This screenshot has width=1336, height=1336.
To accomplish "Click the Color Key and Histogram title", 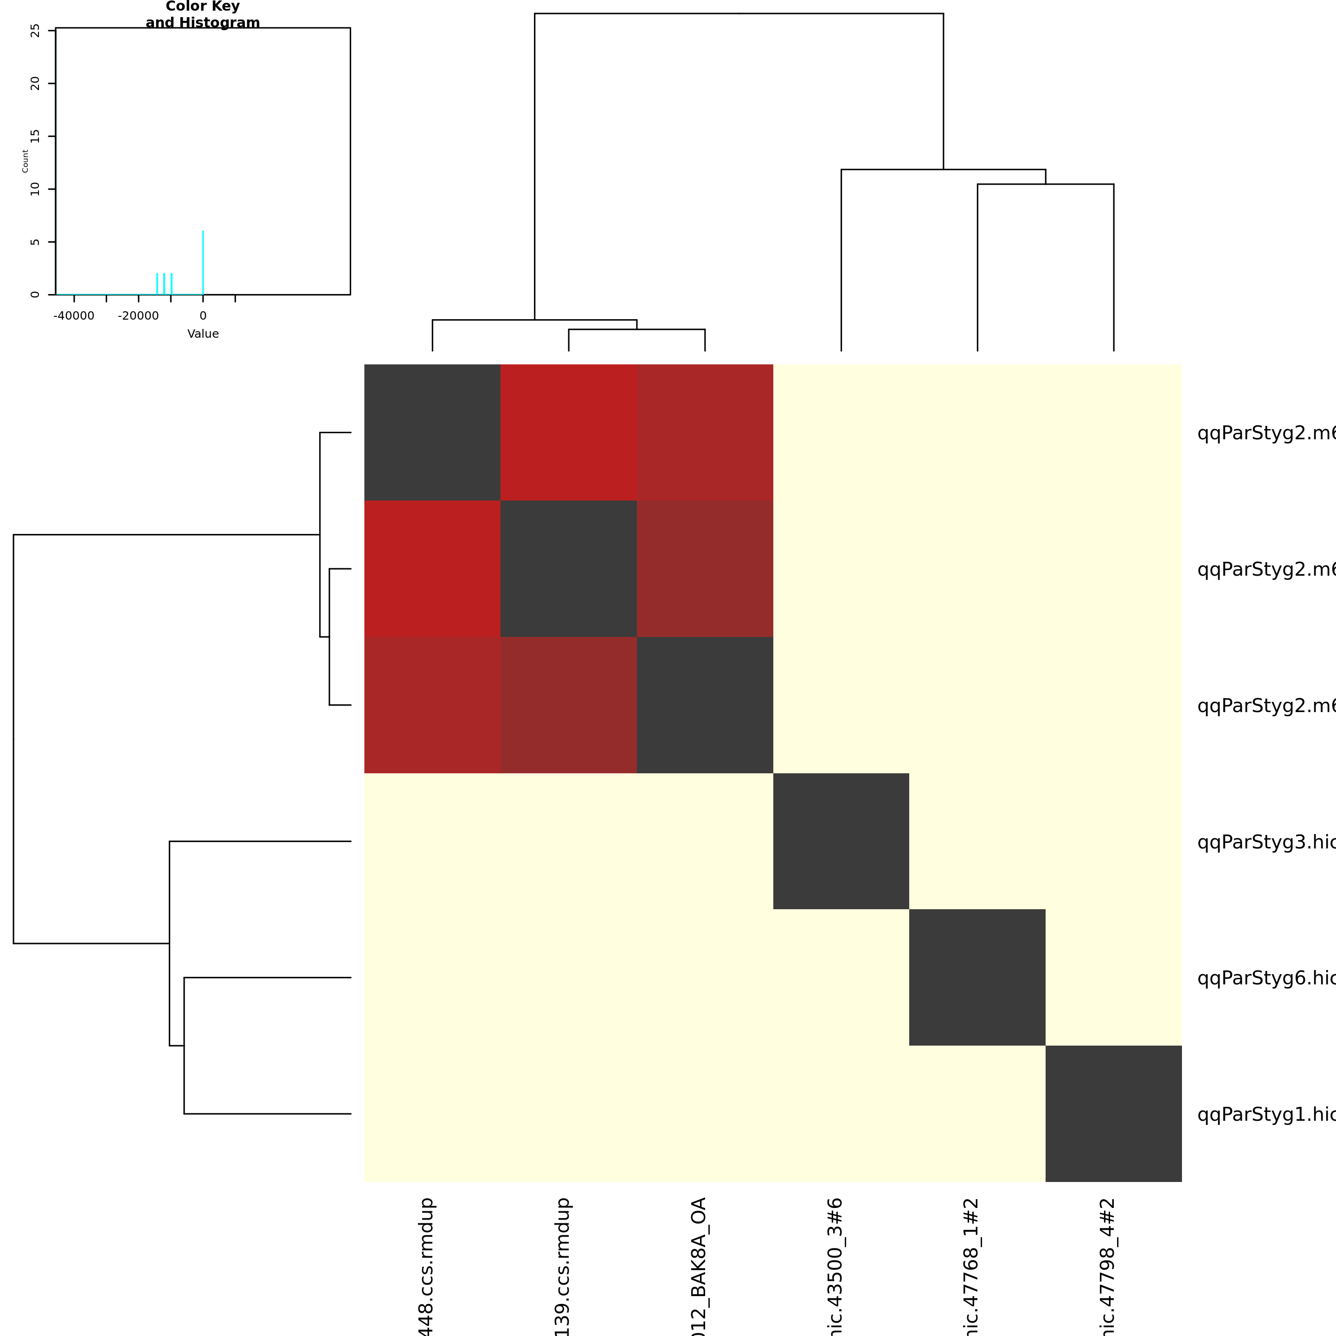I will (203, 14).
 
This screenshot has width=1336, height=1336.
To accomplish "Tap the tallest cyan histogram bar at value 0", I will (203, 262).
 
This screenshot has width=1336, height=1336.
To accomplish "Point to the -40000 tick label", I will (74, 316).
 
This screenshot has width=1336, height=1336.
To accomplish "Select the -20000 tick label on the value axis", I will (138, 316).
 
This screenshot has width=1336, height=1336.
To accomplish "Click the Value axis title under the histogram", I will (203, 334).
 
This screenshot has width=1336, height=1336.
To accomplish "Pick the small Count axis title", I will (26, 161).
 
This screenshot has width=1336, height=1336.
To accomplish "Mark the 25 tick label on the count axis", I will (35, 31).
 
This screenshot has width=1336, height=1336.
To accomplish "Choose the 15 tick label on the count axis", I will (35, 136).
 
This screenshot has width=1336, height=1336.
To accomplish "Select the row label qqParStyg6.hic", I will (1265, 978).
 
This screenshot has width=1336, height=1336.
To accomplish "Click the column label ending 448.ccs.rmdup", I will (427, 1265).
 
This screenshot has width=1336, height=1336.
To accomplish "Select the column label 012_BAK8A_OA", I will (699, 1265).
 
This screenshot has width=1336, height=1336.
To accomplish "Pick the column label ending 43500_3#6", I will (835, 1265).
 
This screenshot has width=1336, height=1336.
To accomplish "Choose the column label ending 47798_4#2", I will (1108, 1265).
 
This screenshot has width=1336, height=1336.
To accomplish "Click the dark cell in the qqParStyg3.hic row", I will (841, 841).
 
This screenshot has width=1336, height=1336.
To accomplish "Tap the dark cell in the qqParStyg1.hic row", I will (1113, 1113).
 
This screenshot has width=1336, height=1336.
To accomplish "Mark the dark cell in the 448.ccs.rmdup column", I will (432, 432).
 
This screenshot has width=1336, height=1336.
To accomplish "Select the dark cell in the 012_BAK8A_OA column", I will (705, 705).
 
